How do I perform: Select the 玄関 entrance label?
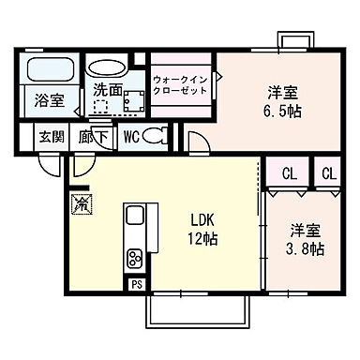coord(51,136)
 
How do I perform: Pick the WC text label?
coord(130,136)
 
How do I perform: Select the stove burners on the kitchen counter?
coord(134,256)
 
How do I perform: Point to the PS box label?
coord(136,284)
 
